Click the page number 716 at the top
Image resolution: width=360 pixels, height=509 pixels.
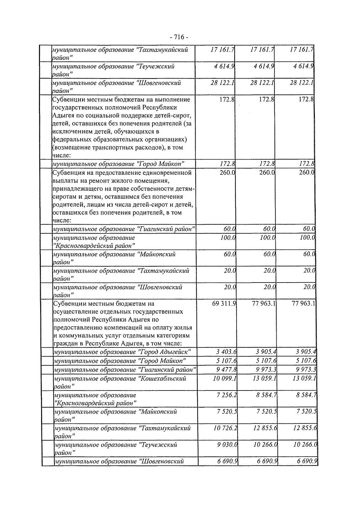[x=179, y=37]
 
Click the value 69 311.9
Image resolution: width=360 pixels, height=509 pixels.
[x=224, y=304]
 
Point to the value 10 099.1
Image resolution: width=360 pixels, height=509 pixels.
[x=225, y=379]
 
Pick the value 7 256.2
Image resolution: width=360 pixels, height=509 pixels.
[x=227, y=395]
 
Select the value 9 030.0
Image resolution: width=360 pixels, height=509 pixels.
[x=227, y=445]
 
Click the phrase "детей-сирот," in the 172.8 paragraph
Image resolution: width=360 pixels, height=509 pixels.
[x=174, y=115]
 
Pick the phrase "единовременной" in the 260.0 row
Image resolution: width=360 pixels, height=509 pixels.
[x=169, y=173]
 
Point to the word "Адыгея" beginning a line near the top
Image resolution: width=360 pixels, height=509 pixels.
[x=63, y=115]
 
